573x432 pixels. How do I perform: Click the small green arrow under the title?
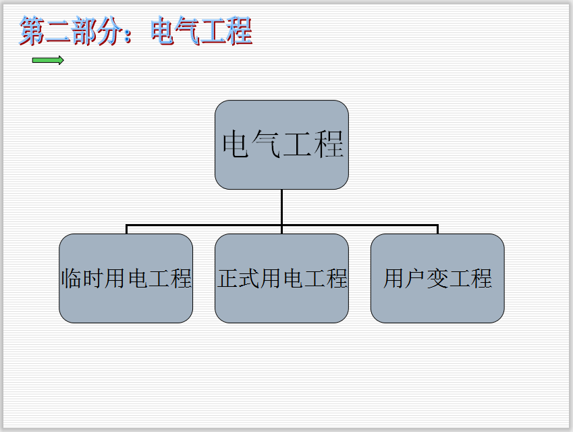click(x=48, y=60)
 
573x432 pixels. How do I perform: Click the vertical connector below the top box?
click(x=281, y=206)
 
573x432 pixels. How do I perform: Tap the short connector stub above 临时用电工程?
click(x=126, y=230)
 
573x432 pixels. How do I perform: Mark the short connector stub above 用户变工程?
click(x=437, y=230)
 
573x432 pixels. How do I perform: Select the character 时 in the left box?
click(x=94, y=278)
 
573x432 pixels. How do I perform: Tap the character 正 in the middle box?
click(x=228, y=278)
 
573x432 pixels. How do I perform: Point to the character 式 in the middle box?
click(x=251, y=278)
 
